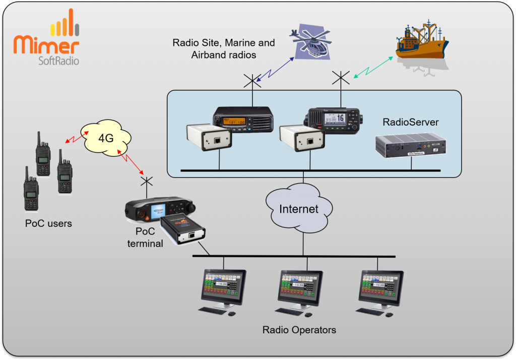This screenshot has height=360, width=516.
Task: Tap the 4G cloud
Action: [106, 138]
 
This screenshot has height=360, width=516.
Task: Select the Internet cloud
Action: [299, 208]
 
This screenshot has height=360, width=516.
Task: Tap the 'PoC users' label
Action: [48, 223]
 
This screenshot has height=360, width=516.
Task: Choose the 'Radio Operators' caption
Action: [299, 330]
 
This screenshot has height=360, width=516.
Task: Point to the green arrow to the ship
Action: [373, 67]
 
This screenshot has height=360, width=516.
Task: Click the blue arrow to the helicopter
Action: [275, 69]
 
